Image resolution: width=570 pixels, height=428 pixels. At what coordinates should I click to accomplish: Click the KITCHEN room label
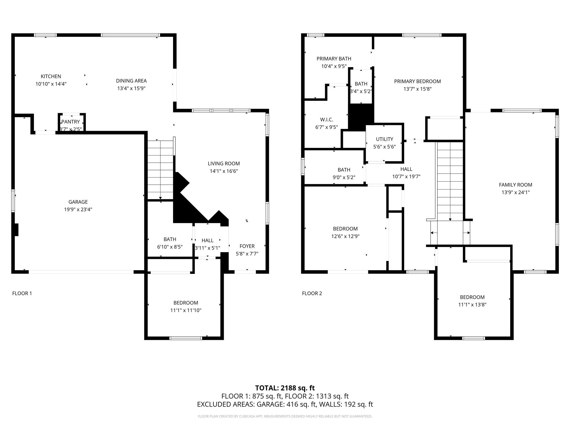tap(51, 76)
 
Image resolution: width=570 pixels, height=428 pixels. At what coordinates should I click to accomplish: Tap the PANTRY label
tap(71, 122)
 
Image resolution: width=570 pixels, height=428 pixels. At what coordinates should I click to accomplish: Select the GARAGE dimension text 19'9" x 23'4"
tap(78, 210)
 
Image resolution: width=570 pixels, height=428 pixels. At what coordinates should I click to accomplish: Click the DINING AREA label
tap(131, 81)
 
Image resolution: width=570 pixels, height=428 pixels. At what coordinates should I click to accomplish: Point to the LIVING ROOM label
tap(224, 164)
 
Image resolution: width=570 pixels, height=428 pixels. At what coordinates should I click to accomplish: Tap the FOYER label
tap(247, 246)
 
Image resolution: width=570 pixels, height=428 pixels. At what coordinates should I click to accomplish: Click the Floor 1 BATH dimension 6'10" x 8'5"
tap(170, 247)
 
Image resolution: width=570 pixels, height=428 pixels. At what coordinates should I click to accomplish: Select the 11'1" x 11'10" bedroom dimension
tap(186, 310)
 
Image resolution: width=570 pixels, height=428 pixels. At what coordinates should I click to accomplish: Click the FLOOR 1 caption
tap(22, 293)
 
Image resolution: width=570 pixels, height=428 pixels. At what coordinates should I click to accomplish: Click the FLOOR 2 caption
tap(312, 293)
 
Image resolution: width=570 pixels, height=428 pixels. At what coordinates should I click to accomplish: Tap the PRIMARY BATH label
tap(334, 59)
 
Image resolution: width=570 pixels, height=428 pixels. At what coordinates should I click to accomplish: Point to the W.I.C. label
tap(327, 120)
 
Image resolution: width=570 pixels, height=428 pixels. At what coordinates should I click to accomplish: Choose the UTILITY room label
tap(385, 139)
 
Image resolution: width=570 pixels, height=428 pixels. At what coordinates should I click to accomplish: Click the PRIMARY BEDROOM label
tap(417, 81)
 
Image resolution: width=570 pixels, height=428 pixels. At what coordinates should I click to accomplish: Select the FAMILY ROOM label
tap(515, 185)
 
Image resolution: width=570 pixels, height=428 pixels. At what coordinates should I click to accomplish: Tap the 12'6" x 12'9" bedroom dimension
tap(345, 236)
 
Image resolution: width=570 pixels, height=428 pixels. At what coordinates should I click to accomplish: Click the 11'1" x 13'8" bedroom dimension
tap(472, 305)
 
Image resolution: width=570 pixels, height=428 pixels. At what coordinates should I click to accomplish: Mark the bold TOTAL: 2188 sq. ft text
tap(285, 388)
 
